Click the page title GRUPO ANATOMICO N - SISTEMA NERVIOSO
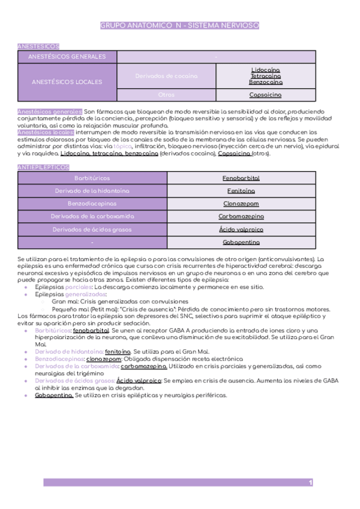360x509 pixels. coord(179,26)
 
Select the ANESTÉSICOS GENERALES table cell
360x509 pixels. coord(67,57)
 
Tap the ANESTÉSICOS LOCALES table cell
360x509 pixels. coord(67,82)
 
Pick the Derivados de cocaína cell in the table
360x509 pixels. coord(166,76)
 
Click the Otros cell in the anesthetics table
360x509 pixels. coord(166,95)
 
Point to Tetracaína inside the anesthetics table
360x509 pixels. coord(265,76)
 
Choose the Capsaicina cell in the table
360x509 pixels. coord(265,95)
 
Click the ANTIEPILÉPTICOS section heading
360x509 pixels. coord(44,167)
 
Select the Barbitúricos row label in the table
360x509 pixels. coord(92,178)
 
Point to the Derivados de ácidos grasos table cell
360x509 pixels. coord(92,229)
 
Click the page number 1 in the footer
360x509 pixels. coord(310,483)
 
